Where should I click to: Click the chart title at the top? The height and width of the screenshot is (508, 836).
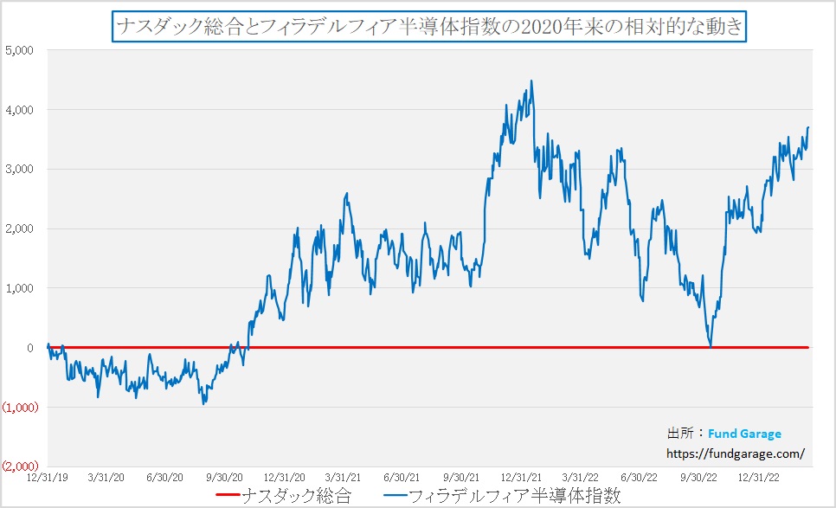click(428, 26)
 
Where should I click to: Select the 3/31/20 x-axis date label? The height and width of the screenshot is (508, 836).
click(106, 477)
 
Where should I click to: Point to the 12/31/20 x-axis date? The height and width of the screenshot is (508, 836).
click(285, 477)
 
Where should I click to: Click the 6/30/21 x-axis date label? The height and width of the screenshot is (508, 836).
click(402, 477)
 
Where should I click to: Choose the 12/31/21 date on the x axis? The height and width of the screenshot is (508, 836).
click(521, 477)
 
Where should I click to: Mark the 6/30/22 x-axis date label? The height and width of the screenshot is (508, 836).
click(639, 477)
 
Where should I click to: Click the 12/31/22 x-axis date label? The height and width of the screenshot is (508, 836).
click(757, 477)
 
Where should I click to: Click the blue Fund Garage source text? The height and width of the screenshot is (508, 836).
click(744, 434)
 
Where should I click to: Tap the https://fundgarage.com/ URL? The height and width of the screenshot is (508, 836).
click(736, 453)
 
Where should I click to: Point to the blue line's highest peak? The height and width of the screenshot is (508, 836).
click(531, 80)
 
